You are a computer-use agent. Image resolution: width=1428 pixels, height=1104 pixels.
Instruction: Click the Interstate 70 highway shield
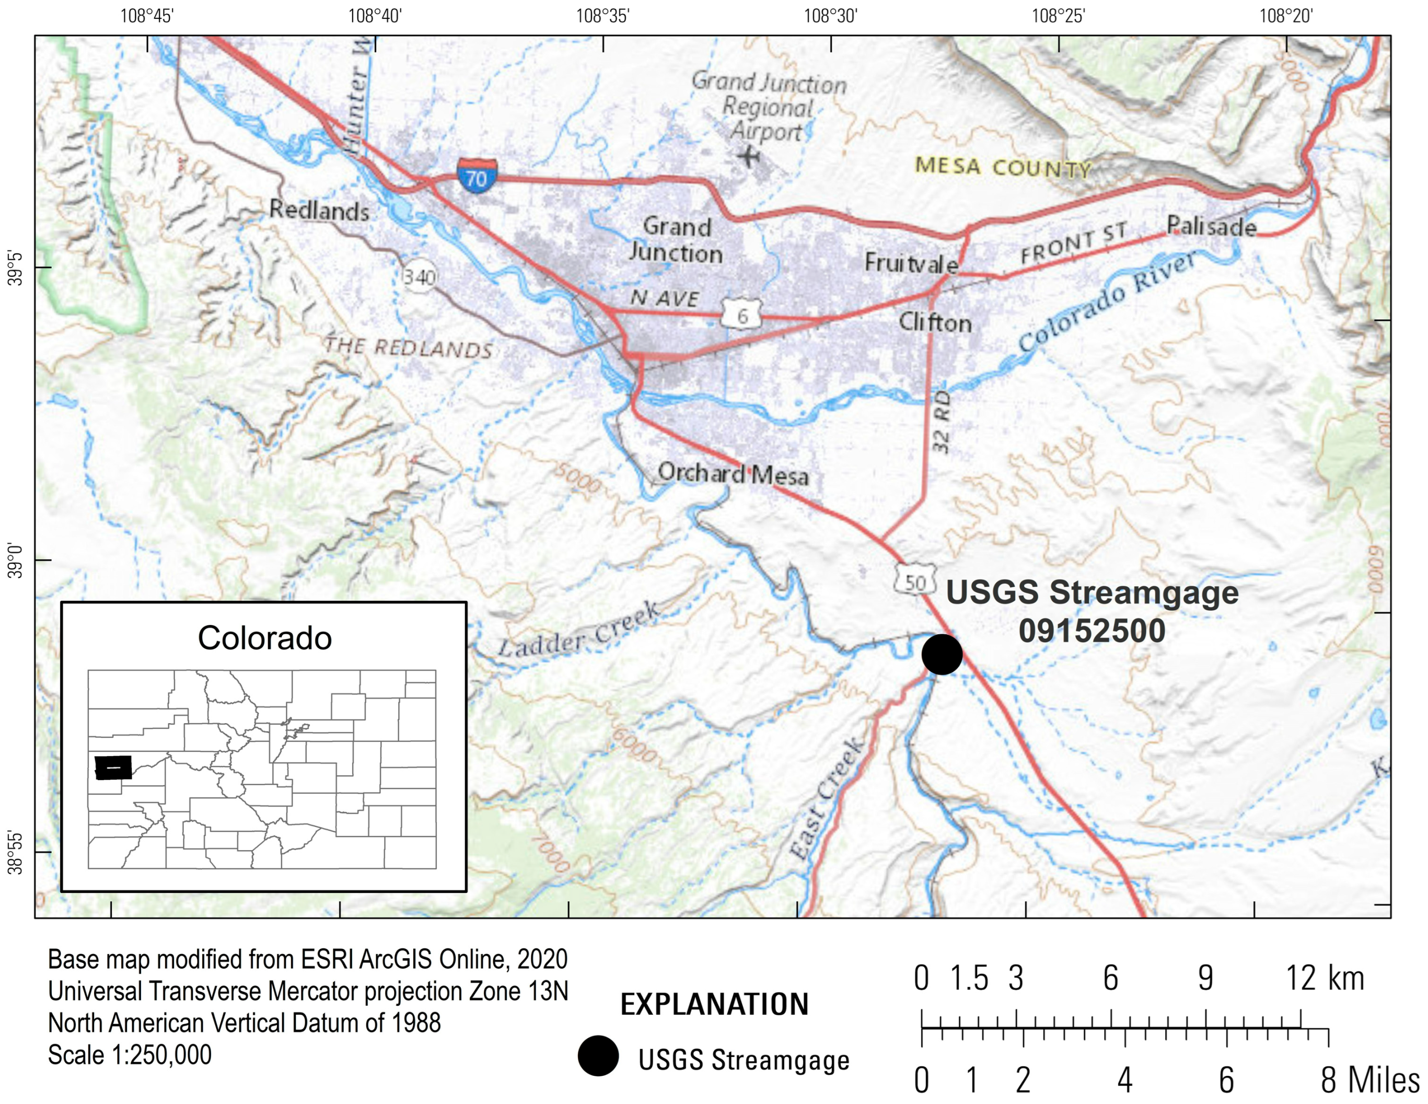coord(477,175)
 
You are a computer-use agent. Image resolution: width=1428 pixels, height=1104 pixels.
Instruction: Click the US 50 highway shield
coord(915,580)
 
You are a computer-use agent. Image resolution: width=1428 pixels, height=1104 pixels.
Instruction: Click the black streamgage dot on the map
coord(942,654)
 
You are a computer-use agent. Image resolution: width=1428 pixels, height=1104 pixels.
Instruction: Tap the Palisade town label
coord(1211,227)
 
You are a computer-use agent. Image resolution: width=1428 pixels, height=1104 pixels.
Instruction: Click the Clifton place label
coord(935,322)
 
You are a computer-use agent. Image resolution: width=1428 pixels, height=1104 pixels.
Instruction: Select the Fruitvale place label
coord(911,263)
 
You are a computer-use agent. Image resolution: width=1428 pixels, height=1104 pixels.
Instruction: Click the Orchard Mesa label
coord(733,474)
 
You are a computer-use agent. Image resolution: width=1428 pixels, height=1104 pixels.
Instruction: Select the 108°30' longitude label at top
coord(830,16)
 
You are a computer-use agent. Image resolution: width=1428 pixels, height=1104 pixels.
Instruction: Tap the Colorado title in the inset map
coord(265,638)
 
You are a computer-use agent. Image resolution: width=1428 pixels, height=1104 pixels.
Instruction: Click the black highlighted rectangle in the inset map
coord(113,768)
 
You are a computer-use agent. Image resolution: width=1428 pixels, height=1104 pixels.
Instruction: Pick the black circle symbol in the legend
coord(598,1055)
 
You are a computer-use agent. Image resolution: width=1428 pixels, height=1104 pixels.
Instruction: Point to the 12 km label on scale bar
coord(1325,979)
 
